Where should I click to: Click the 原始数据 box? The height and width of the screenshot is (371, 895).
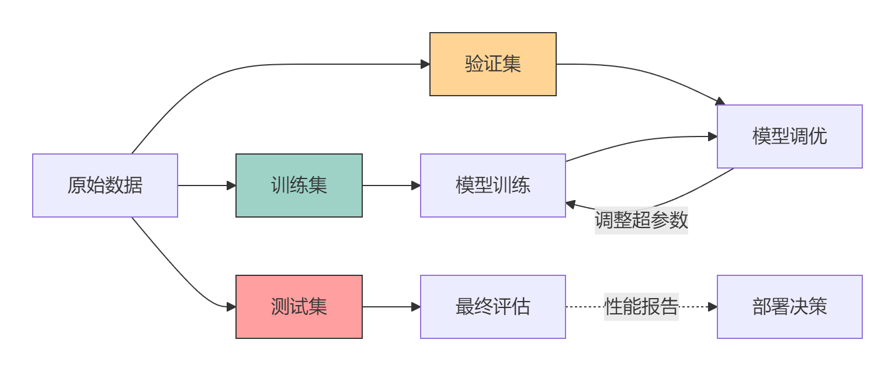(x=105, y=185)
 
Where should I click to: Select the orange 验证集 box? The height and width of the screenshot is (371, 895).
(x=492, y=64)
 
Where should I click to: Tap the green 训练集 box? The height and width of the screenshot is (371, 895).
(x=299, y=185)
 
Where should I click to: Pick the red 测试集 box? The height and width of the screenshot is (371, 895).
(x=299, y=307)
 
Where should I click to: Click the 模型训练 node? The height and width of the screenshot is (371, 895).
(x=492, y=185)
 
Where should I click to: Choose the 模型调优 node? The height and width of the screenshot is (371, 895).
(x=789, y=136)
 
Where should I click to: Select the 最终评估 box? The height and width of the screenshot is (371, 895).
(x=492, y=307)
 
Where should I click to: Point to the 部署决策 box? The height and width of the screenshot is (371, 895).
(x=789, y=307)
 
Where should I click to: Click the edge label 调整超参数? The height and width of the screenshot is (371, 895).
(x=641, y=220)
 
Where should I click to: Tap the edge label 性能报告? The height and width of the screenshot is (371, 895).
(x=641, y=307)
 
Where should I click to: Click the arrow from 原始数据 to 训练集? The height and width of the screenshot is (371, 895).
(x=204, y=185)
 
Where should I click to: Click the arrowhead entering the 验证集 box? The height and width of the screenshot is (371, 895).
(x=426, y=64)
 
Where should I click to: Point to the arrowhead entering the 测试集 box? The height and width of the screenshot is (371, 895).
(x=231, y=307)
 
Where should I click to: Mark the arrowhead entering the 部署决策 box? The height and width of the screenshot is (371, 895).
(x=713, y=307)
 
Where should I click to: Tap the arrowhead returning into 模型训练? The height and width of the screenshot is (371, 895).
(x=571, y=204)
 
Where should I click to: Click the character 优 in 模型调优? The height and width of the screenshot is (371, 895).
(x=818, y=136)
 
